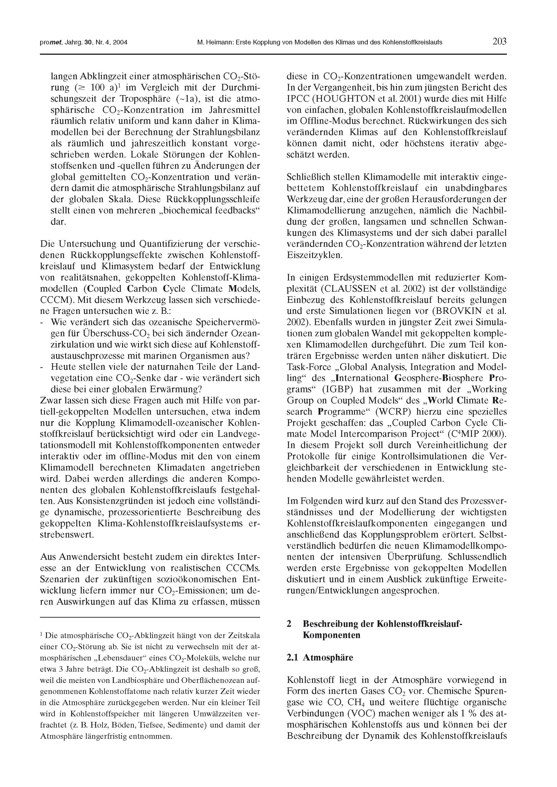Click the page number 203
[499, 42]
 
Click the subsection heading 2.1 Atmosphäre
[320, 658]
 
